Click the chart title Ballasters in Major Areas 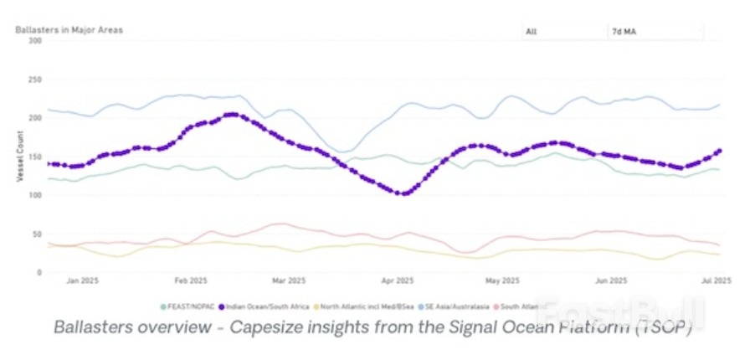[x=69, y=30]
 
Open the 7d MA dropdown [x=654, y=32]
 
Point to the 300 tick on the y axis [x=35, y=40]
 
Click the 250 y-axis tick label [x=35, y=80]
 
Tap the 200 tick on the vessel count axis [x=35, y=118]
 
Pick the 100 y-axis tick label [x=35, y=195]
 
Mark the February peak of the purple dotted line [x=232, y=115]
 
